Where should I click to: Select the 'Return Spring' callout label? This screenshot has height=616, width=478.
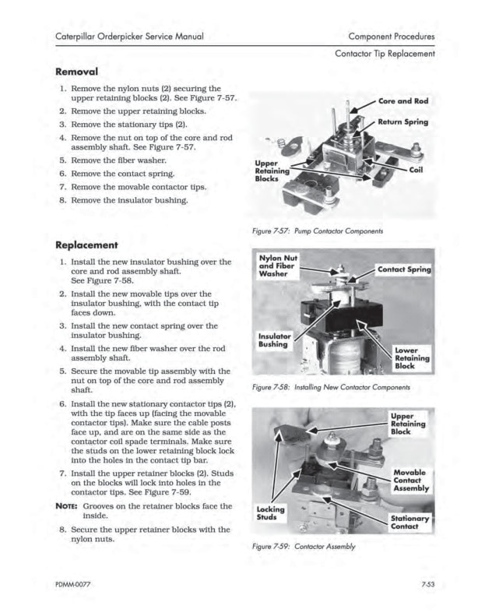pyautogui.click(x=403, y=123)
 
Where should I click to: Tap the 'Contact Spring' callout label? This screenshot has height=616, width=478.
pyautogui.click(x=404, y=270)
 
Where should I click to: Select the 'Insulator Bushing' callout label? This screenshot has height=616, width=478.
pyautogui.click(x=275, y=342)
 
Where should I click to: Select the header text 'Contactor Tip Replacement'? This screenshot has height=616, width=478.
pyautogui.click(x=384, y=53)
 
